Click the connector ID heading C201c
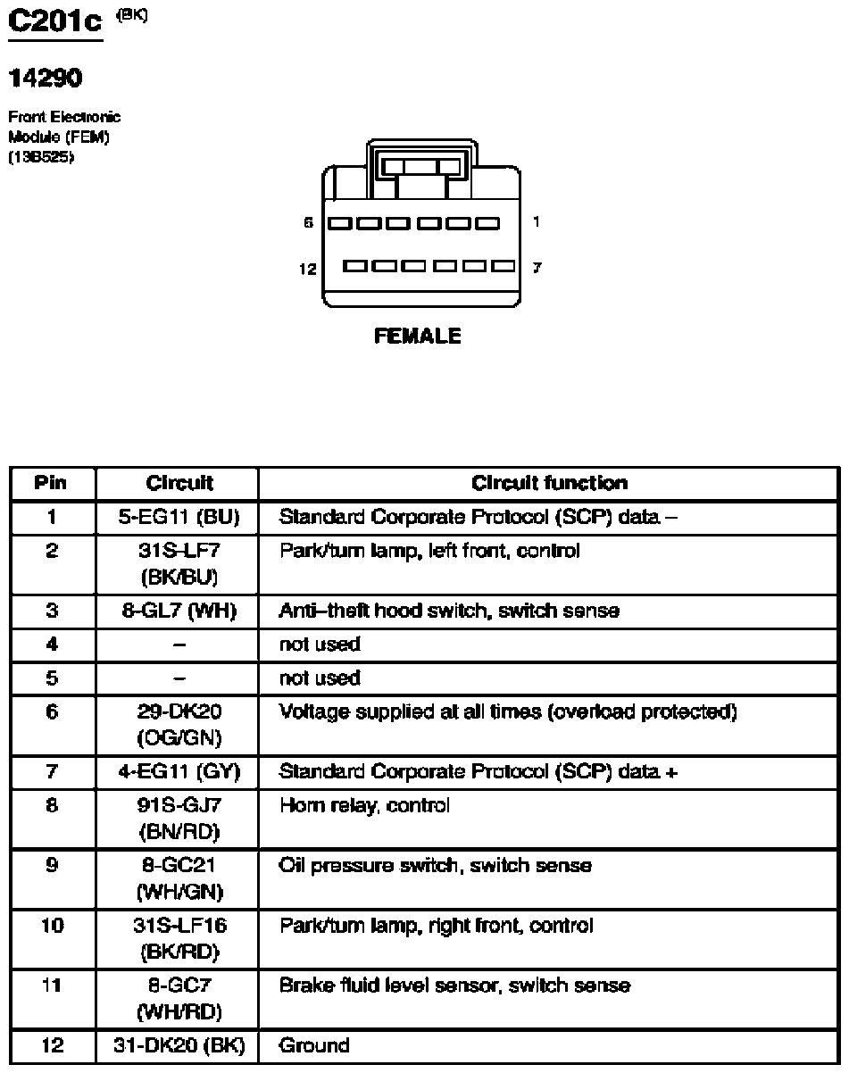(55, 22)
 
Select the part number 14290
(46, 79)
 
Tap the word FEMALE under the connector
(418, 337)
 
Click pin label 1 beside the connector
(535, 222)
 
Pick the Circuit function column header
(549, 483)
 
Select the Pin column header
(52, 483)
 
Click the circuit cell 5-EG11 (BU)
(179, 517)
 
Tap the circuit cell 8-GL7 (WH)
(179, 611)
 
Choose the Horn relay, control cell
(364, 806)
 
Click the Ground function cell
(314, 1045)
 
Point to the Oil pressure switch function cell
(435, 866)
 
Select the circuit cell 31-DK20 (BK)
(179, 1045)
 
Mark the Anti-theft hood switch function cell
(449, 611)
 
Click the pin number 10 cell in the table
(52, 926)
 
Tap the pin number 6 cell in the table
(52, 711)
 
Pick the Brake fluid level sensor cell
(454, 986)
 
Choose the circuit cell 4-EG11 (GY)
(179, 771)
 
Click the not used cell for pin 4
(320, 645)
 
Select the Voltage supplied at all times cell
(508, 711)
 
